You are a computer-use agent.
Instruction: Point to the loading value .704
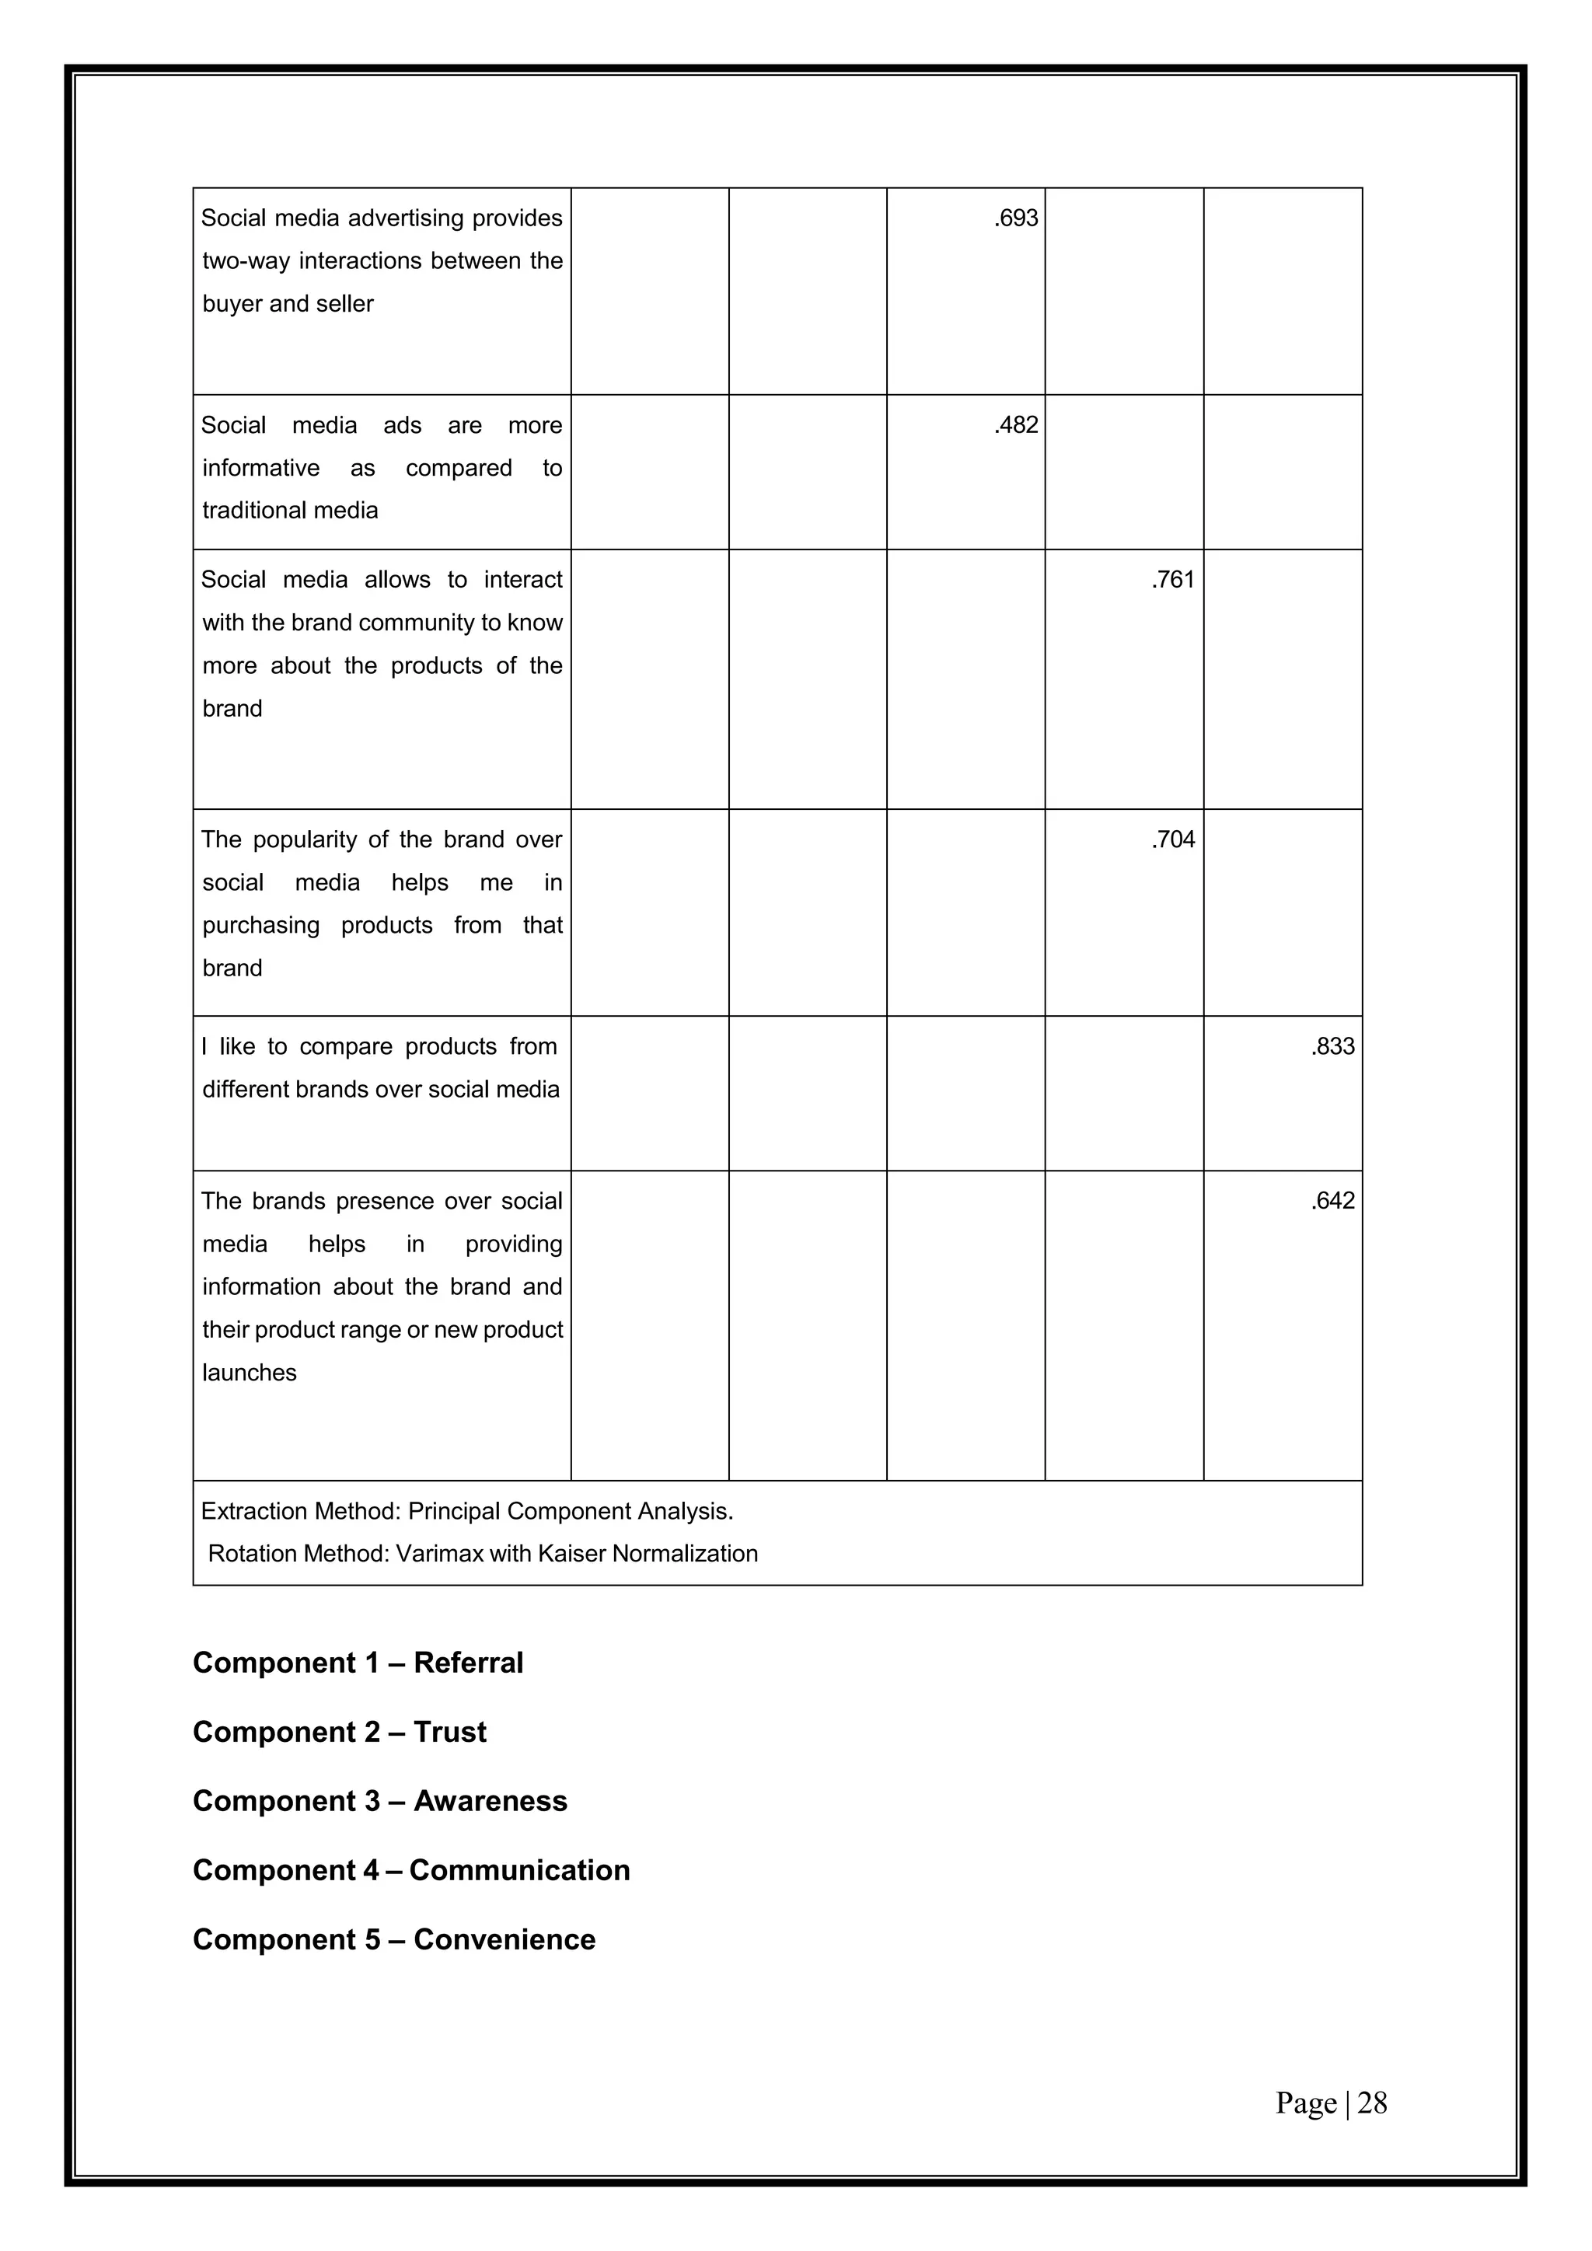pyautogui.click(x=1174, y=839)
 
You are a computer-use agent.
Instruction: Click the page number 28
pyautogui.click(x=1373, y=2103)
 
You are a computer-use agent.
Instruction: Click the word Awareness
pyautogui.click(x=491, y=1801)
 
